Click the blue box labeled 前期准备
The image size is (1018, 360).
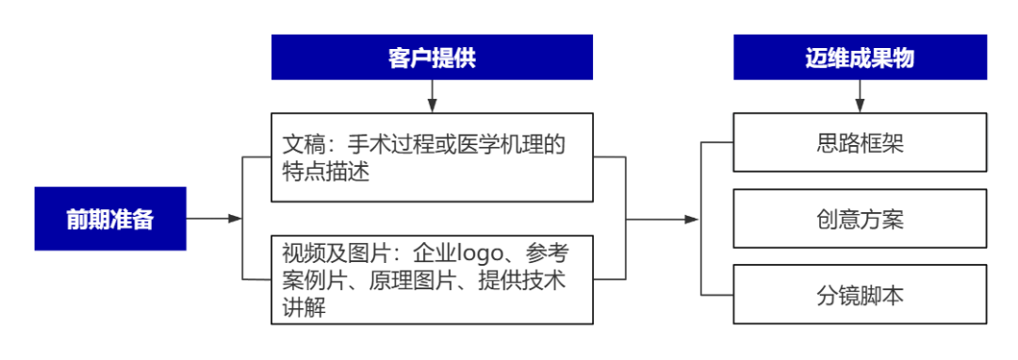pos(110,219)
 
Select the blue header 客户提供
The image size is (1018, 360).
pos(432,57)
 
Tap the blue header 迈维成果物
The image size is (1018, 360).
pos(860,57)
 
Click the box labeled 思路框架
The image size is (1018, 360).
pos(860,143)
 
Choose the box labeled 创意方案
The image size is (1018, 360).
pos(860,219)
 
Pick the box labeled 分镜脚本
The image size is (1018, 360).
pos(860,295)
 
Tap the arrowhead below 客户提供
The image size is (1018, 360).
pos(432,106)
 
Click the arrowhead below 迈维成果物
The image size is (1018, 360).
pos(860,106)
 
